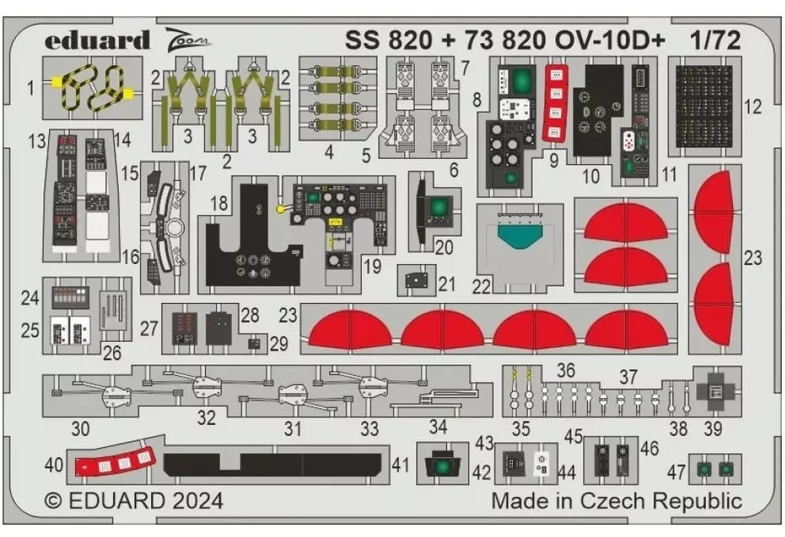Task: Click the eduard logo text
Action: tap(97, 40)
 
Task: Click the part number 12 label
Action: tap(753, 107)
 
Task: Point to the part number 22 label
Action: tap(481, 286)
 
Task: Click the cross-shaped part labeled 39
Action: tap(715, 391)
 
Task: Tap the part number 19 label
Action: tap(373, 267)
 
